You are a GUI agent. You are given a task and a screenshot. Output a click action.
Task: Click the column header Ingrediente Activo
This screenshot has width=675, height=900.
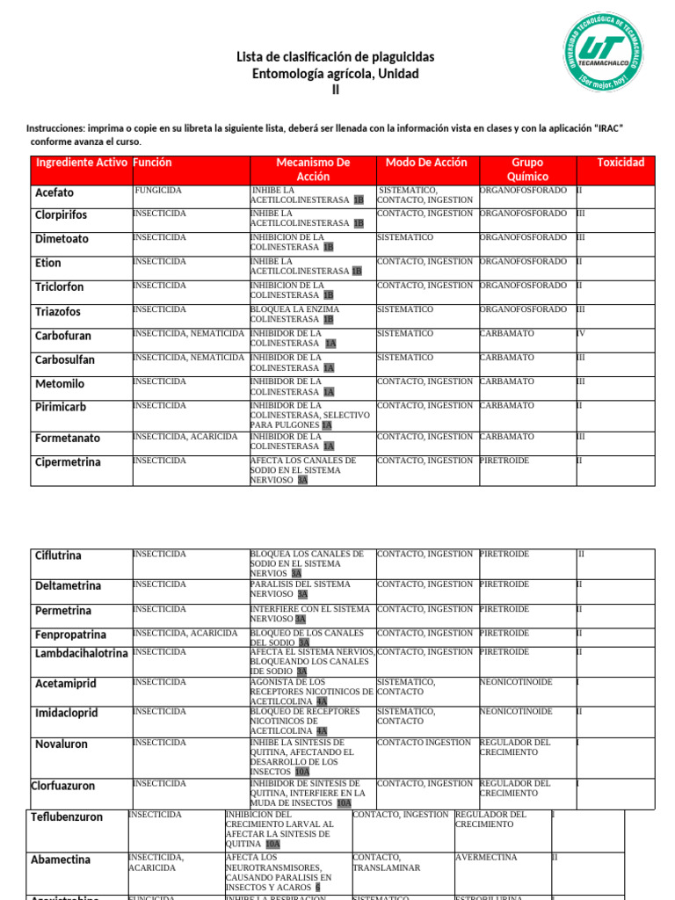pos(81,163)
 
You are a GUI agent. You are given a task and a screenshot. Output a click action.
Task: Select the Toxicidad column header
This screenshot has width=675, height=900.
pos(620,163)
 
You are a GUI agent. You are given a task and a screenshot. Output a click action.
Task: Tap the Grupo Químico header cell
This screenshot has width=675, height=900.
pos(527,170)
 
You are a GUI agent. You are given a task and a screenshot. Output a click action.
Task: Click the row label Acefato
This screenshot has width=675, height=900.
pos(54,192)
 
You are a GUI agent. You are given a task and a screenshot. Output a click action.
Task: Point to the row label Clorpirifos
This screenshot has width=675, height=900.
pos(61,214)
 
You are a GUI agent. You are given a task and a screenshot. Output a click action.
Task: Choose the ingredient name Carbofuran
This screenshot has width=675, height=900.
pos(62,336)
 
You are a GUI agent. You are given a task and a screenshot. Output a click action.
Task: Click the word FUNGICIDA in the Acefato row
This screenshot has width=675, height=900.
pos(158,190)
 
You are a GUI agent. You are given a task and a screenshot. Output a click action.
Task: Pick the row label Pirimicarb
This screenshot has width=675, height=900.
pos(61,408)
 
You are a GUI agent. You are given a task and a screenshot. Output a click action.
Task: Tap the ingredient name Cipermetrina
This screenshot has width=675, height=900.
pos(68,462)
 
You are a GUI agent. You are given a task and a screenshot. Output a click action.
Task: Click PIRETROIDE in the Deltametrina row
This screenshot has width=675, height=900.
pos(504,584)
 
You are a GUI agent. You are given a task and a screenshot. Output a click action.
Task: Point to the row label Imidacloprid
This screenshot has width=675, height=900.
pos(66,712)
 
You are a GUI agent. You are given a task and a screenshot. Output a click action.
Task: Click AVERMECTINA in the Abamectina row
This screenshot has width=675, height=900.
pos(486,857)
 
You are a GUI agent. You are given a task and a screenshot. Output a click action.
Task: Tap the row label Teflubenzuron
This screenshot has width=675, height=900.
pos(67,817)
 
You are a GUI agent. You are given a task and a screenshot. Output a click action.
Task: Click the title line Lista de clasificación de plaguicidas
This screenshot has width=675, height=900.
pos(335,57)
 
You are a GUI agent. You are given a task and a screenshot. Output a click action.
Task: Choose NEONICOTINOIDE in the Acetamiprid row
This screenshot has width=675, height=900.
pos(516,681)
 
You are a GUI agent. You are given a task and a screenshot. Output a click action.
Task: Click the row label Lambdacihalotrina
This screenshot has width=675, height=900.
pos(81,653)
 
